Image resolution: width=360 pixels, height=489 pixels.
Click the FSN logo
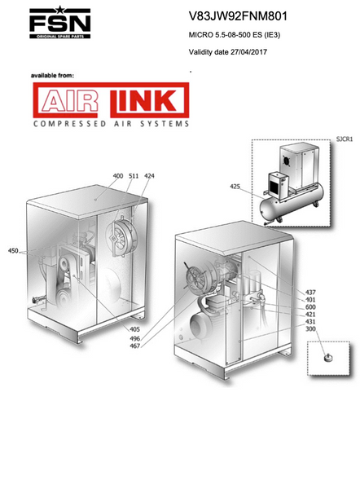tap(59, 23)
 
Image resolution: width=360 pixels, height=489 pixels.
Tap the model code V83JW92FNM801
tap(238, 16)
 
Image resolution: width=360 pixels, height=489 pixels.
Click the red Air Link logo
tap(111, 100)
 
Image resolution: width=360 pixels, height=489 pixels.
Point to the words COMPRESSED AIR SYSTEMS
tap(112, 124)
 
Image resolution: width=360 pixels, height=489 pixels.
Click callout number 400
tap(118, 176)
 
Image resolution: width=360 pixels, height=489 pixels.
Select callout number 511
tap(134, 176)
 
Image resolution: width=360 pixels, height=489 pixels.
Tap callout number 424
tap(149, 176)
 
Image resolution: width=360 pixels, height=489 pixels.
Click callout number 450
tap(13, 251)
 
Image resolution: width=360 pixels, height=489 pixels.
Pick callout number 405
tap(134, 329)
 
